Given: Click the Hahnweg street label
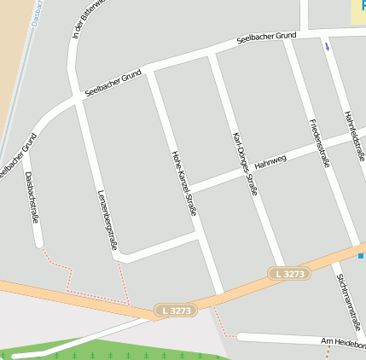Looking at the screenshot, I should click(x=270, y=160).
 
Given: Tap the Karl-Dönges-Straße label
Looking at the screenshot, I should click(x=244, y=165).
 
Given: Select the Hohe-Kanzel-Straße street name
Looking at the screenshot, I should click(x=184, y=182).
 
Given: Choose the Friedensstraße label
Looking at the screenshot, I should click(x=316, y=142).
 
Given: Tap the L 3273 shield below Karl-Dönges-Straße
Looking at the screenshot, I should click(x=289, y=274).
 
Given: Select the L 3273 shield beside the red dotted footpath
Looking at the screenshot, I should click(x=176, y=311).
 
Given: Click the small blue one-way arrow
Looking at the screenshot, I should click(x=326, y=47).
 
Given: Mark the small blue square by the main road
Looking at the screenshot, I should click(x=361, y=255).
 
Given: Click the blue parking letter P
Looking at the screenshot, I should click(x=362, y=4).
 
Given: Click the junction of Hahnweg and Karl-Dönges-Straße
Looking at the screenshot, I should click(x=248, y=170).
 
